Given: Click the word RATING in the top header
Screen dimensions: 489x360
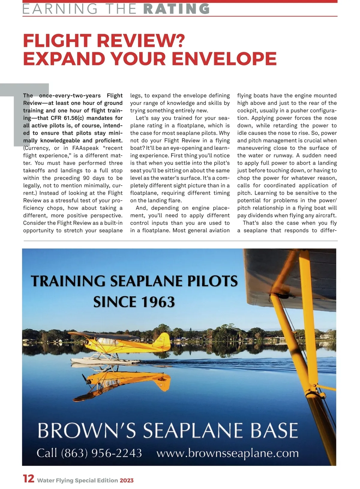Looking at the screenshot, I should (177, 9).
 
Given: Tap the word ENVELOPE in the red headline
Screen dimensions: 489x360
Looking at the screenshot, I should (224, 59).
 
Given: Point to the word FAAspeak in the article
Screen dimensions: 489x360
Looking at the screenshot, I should (85, 148).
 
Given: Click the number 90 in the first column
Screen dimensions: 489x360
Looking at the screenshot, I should (86, 178).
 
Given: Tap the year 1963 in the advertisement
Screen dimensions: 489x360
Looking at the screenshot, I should (158, 302).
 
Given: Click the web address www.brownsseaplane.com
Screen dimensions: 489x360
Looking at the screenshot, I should (227, 453).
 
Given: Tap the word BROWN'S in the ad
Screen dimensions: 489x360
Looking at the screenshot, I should (87, 431).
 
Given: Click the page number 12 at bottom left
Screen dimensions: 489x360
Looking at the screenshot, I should (29, 479).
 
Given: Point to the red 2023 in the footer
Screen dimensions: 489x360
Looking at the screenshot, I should (127, 480).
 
